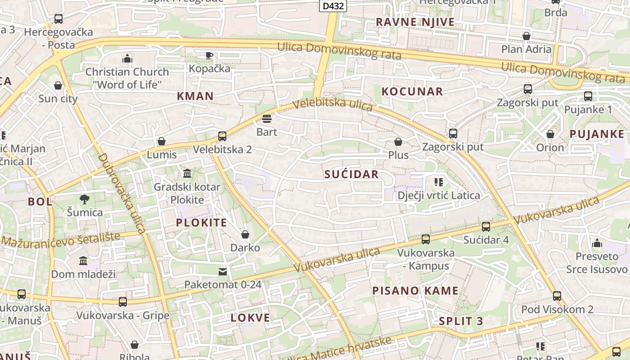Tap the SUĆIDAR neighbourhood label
click(351, 175)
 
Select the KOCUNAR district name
click(412, 91)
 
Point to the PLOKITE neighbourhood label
click(201, 222)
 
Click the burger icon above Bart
click(267, 119)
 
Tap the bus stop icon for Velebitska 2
click(222, 136)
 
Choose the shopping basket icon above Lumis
click(162, 141)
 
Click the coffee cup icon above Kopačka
click(209, 55)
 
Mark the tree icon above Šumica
click(84, 199)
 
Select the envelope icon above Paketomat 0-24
click(223, 271)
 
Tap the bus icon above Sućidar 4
click(486, 226)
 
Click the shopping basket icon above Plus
click(398, 142)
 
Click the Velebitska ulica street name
click(333, 104)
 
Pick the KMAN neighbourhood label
click(195, 96)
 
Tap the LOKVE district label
click(250, 318)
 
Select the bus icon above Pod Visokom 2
click(557, 296)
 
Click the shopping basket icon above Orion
click(550, 134)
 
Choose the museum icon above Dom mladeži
click(83, 261)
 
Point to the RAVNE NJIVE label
click(415, 22)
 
